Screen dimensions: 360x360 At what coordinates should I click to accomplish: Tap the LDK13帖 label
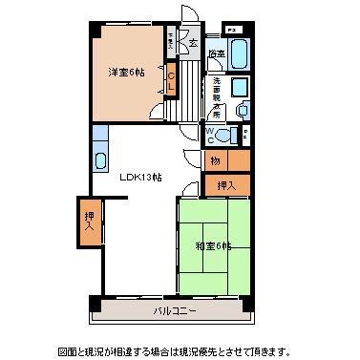[x=139, y=177]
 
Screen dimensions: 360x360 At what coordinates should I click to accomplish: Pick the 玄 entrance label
[x=192, y=44]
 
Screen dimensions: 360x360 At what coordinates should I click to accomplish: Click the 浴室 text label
[x=217, y=53]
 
